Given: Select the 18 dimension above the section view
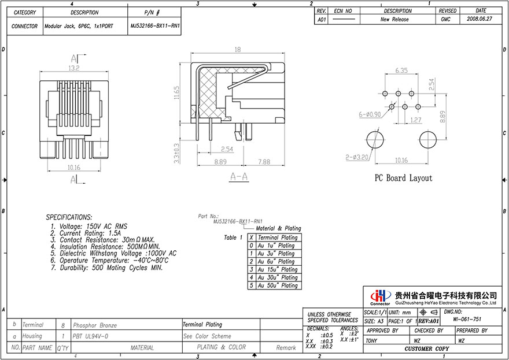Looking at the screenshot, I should [x=237, y=50].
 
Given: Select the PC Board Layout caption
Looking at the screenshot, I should [x=403, y=178].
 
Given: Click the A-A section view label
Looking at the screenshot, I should [x=239, y=177].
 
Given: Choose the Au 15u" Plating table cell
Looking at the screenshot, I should [x=277, y=269].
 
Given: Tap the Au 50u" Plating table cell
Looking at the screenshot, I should [x=277, y=285].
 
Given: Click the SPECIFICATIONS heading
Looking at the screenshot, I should [x=69, y=217].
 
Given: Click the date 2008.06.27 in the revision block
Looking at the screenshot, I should [x=480, y=19].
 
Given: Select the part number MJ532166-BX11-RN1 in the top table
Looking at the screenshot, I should [x=154, y=26].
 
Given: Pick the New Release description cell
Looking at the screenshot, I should [x=394, y=19].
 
